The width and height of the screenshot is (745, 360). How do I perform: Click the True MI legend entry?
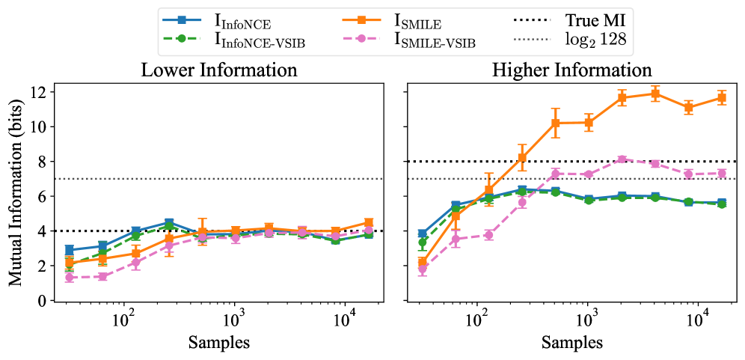(x=593, y=18)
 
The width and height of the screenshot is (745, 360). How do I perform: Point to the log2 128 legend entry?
(x=593, y=39)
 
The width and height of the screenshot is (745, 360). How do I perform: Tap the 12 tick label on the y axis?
(x=37, y=92)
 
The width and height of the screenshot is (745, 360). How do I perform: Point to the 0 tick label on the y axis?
(x=41, y=301)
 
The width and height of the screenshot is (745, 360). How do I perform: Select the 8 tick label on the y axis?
(x=41, y=162)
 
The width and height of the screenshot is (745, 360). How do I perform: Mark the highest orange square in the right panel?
(x=655, y=94)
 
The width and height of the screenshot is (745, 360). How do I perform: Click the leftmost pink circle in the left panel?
(x=70, y=278)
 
